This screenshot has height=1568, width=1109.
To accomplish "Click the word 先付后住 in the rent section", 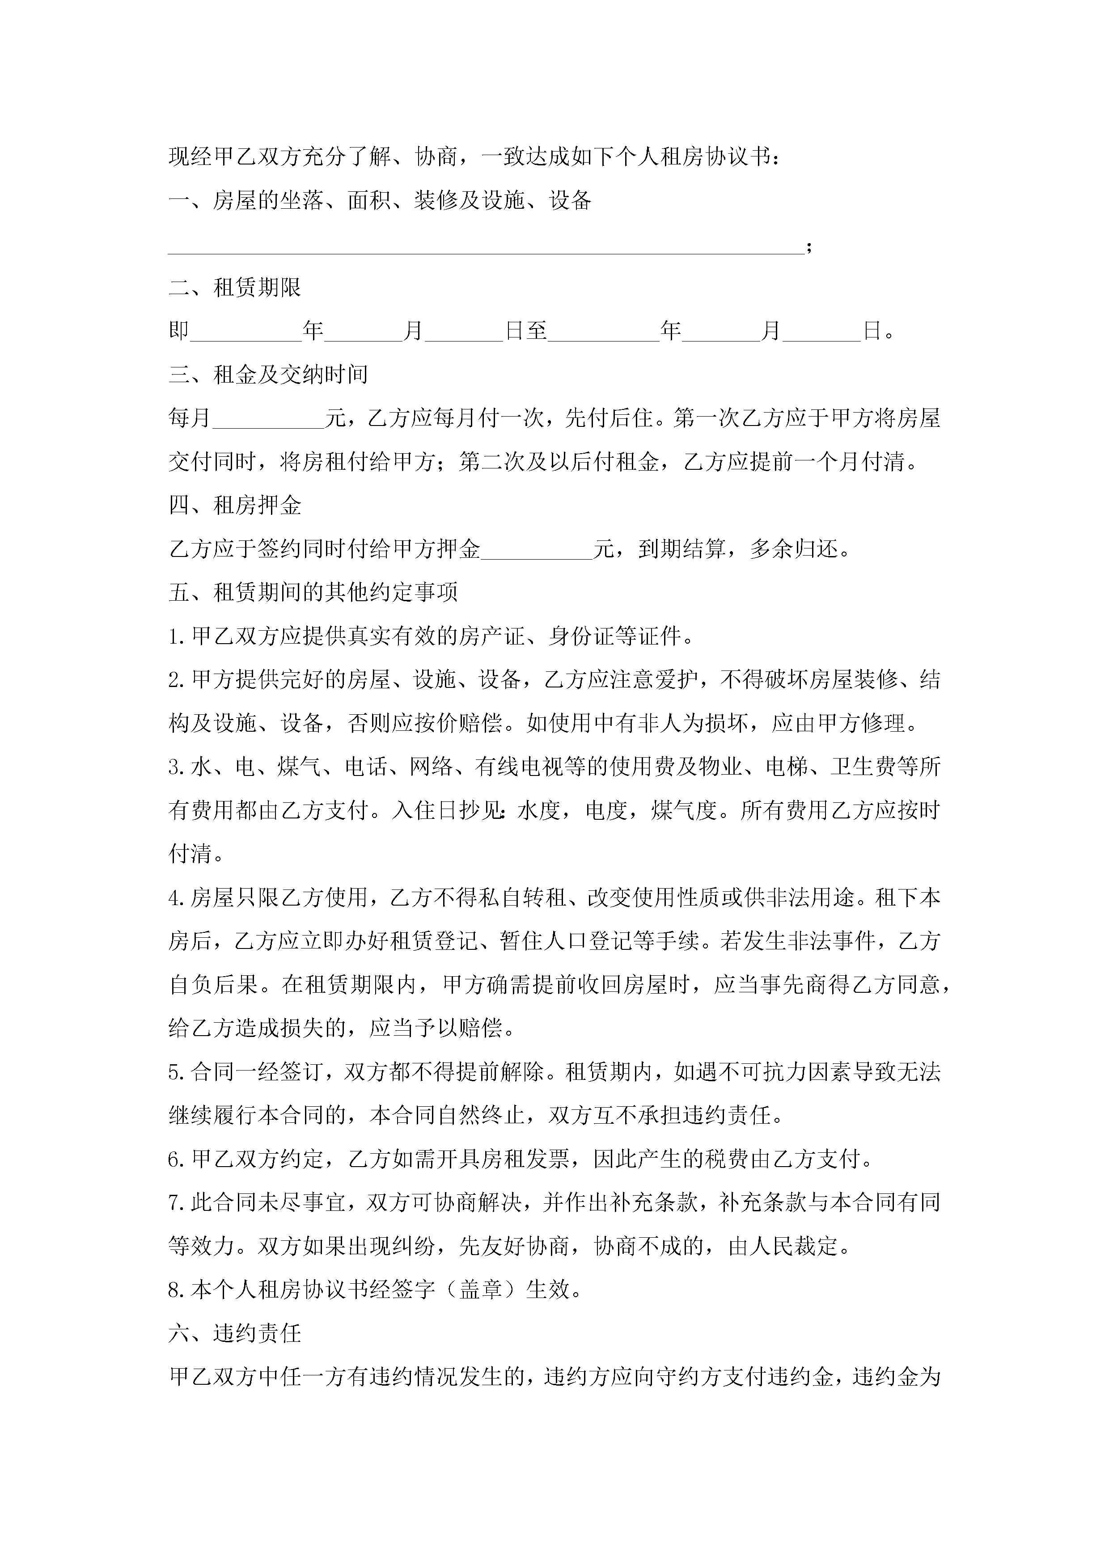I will click(608, 418).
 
